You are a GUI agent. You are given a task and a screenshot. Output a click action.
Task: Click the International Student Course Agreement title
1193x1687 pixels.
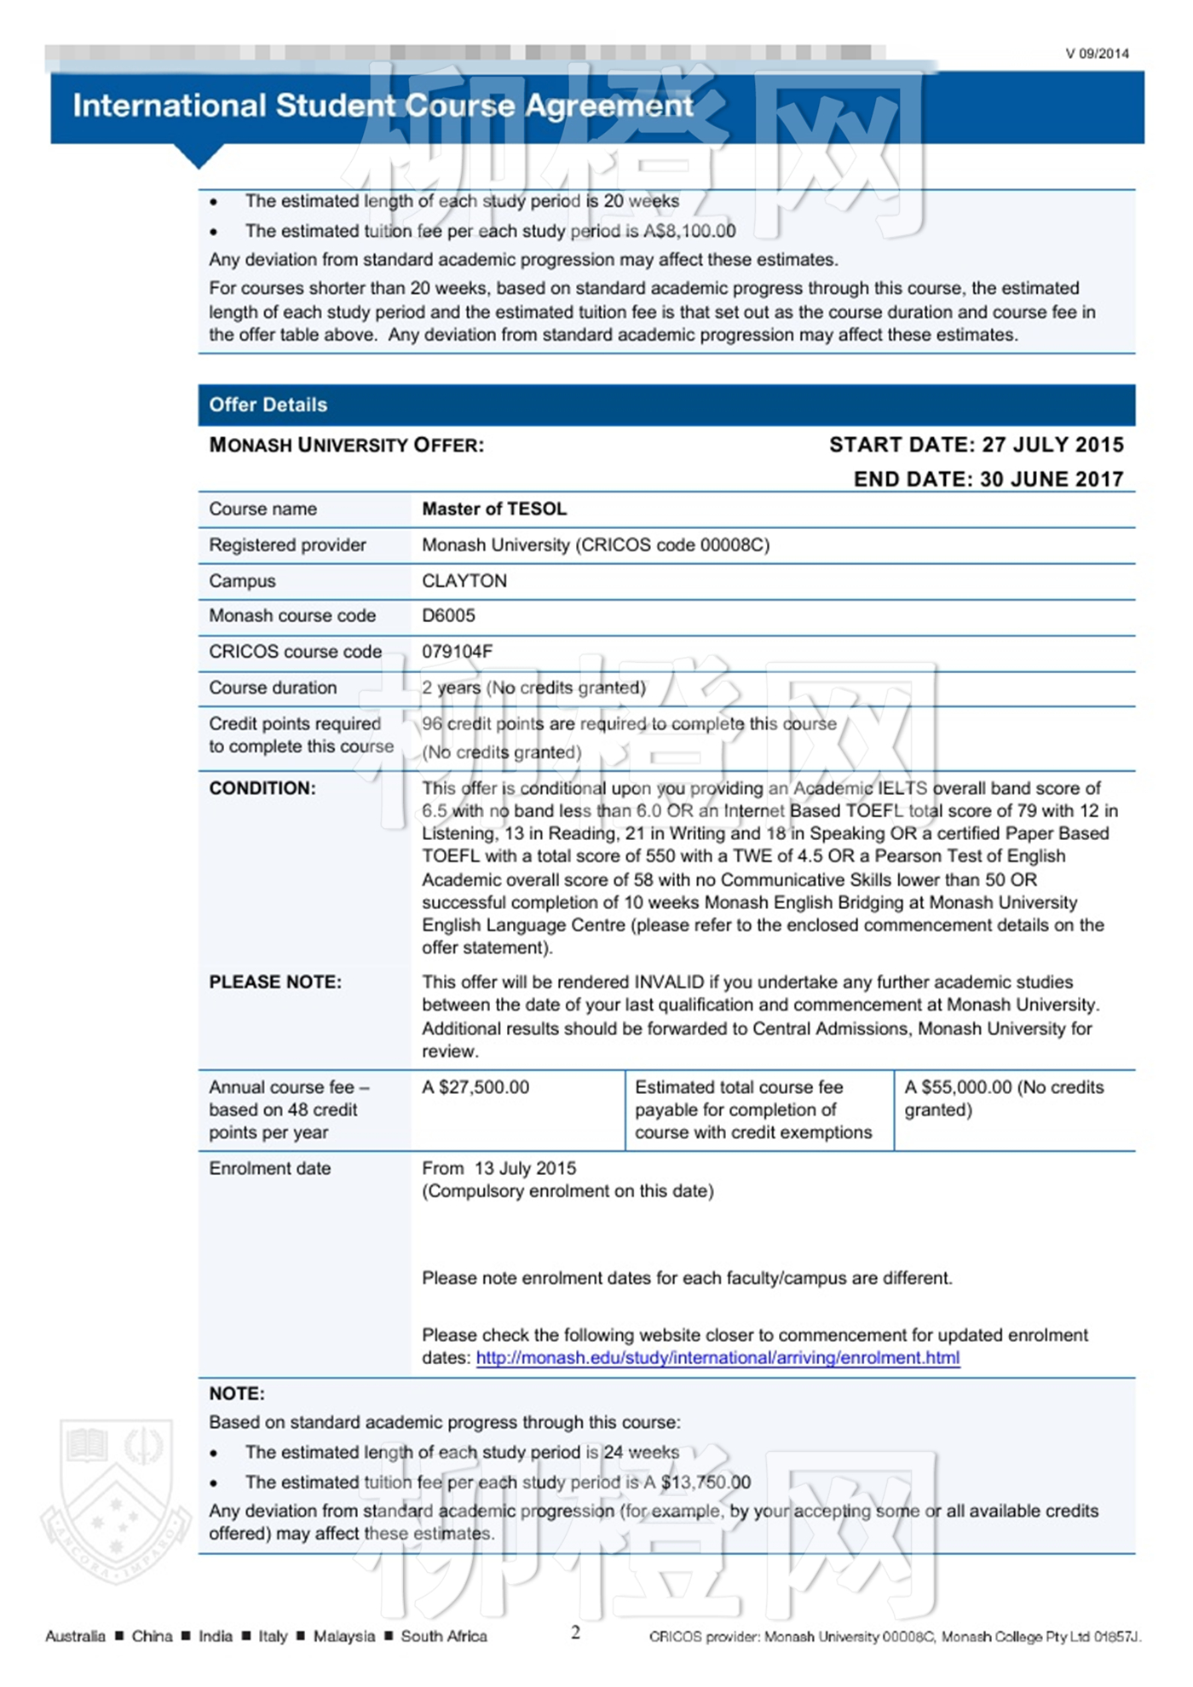point(383,106)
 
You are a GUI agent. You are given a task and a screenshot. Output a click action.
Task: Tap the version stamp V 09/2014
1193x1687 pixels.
point(1097,54)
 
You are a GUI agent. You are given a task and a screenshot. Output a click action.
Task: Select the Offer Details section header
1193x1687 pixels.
point(268,405)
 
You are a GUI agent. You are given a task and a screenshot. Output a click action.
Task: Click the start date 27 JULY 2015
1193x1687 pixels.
point(1052,445)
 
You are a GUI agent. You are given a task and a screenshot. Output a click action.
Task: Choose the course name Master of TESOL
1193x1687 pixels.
point(494,509)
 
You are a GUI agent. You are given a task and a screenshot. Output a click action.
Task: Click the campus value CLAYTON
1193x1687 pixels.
point(464,581)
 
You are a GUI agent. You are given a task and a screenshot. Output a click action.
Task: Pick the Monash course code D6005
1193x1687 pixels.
point(448,615)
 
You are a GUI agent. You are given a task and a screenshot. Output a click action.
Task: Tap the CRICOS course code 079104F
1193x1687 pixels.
point(457,652)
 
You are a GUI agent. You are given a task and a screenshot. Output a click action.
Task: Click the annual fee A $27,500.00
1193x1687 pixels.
point(475,1087)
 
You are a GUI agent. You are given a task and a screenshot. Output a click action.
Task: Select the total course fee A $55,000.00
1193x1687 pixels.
point(958,1087)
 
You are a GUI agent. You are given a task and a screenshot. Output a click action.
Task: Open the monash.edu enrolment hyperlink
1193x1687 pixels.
point(718,1358)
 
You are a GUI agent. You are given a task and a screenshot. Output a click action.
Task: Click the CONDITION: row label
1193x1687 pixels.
point(262,788)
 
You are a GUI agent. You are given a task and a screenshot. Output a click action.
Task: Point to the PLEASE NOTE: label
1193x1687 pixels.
point(275,982)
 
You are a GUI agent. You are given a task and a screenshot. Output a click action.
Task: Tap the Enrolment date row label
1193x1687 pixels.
point(269,1168)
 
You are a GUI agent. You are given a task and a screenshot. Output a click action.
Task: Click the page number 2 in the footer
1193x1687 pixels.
point(575,1632)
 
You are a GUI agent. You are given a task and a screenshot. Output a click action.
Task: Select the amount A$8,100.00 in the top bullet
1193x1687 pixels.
point(689,231)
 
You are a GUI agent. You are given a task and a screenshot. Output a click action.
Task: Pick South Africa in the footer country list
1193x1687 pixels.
point(444,1636)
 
